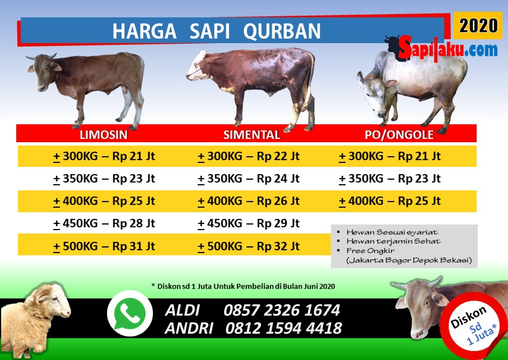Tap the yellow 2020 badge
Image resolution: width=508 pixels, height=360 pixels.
[478, 25]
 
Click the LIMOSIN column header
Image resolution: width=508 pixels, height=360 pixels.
[104, 135]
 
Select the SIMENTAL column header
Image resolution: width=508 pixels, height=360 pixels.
[251, 135]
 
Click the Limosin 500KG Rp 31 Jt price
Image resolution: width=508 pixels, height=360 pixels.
[104, 246]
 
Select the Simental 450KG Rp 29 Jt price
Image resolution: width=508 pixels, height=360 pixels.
[249, 223]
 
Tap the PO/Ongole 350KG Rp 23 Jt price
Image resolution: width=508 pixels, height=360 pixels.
[390, 179]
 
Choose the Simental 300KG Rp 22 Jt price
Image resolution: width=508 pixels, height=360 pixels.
[249, 156]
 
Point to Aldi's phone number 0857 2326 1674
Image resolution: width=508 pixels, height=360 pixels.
[281, 310]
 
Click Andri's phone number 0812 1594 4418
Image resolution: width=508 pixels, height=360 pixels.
[283, 328]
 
